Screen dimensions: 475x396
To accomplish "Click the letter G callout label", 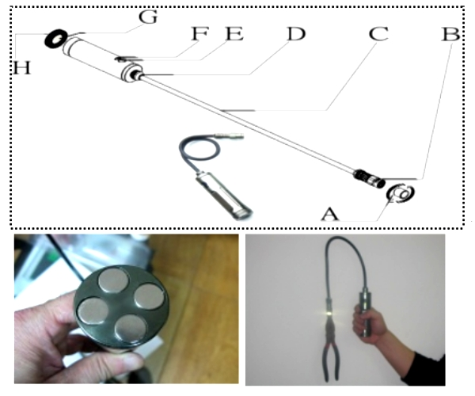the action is [x=148, y=17].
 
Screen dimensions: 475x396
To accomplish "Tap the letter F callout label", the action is [x=200, y=33].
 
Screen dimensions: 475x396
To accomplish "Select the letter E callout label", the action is [x=234, y=33].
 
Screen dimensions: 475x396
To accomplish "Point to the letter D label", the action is [x=296, y=33].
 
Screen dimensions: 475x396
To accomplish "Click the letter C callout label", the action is [x=378, y=33].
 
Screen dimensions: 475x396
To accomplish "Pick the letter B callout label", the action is [x=450, y=34].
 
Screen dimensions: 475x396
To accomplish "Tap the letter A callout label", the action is [x=330, y=214].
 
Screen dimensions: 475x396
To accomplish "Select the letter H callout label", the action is [x=22, y=67].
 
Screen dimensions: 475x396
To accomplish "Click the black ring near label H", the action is [x=56, y=39].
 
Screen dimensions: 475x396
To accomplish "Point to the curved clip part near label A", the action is [x=401, y=193].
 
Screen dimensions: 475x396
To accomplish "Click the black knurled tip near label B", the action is [x=370, y=177].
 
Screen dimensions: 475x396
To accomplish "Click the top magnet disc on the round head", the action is [x=113, y=280].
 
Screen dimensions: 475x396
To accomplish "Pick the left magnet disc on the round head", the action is [x=93, y=311].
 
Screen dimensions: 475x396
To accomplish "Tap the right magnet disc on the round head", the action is [x=150, y=296].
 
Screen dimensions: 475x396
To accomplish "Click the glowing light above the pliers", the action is [x=329, y=314].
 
